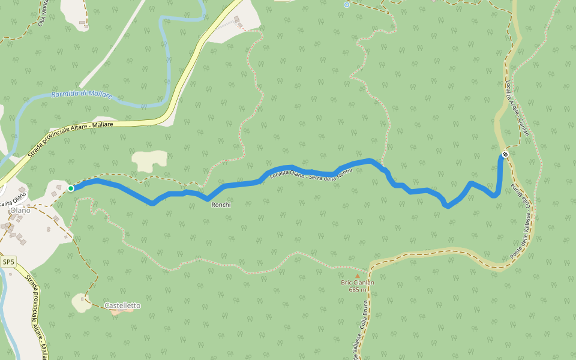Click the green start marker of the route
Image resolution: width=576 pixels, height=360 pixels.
click(71, 188)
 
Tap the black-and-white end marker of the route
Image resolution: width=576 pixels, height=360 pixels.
click(505, 154)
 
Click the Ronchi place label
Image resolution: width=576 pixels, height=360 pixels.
click(221, 205)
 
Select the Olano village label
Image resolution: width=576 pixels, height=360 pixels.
click(20, 210)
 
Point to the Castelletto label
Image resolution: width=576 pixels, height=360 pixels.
click(122, 305)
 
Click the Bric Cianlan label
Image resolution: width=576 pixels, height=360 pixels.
click(357, 283)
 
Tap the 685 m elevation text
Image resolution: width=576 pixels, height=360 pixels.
click(357, 290)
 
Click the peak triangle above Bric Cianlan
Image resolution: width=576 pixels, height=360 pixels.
click(357, 276)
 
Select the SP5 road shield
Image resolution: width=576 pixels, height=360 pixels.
click(8, 262)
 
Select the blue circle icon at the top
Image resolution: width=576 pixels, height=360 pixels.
click(346, 5)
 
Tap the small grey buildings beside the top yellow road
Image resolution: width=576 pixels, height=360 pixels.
click(239, 22)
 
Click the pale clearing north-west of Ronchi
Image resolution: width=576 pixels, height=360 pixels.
click(151, 160)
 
